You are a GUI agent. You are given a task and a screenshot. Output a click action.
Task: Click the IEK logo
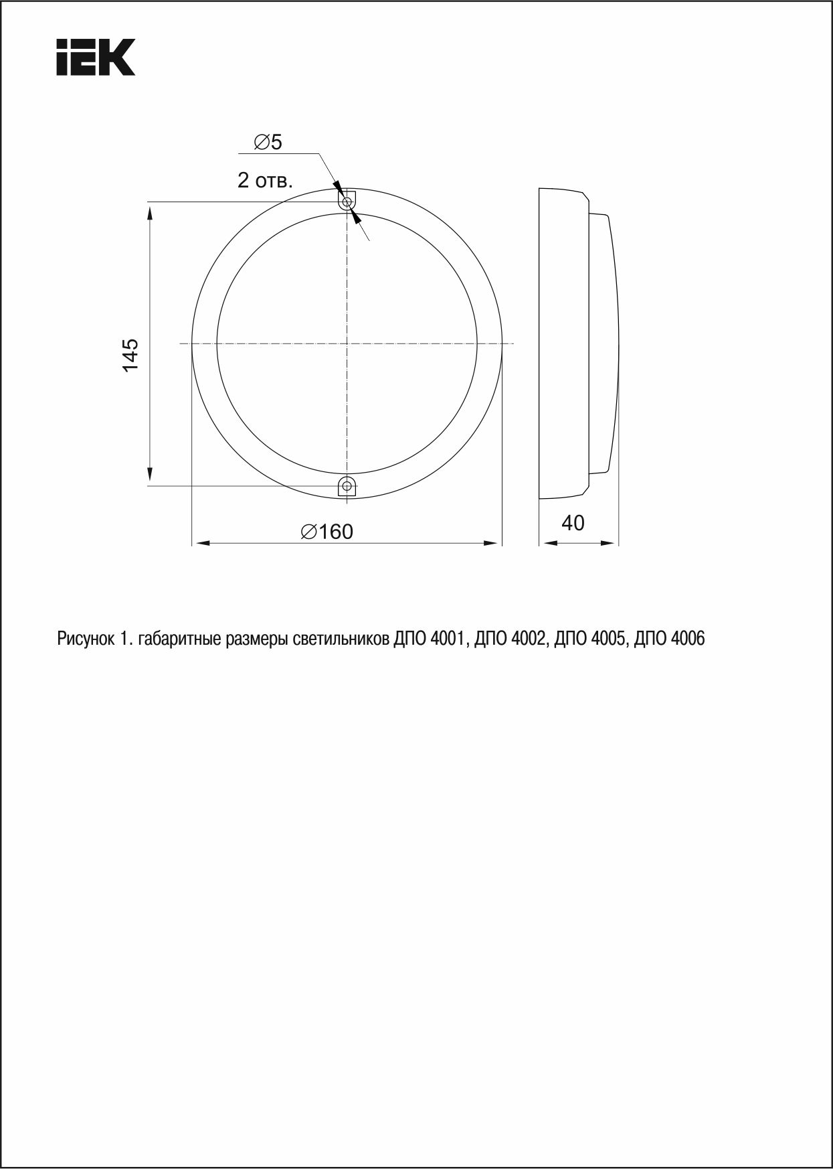pyautogui.click(x=96, y=57)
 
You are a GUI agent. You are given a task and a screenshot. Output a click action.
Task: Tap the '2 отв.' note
pyautogui.click(x=265, y=180)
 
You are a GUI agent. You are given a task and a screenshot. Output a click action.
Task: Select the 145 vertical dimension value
pyautogui.click(x=130, y=355)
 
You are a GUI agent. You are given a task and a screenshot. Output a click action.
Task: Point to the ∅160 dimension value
pyautogui.click(x=327, y=532)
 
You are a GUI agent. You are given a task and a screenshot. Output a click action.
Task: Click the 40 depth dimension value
pyautogui.click(x=573, y=522)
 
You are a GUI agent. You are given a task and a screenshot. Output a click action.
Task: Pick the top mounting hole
pyautogui.click(x=347, y=202)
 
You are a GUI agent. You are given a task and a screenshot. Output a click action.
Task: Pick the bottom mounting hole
pyautogui.click(x=347, y=485)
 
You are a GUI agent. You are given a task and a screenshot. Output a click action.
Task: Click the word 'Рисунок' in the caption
pyautogui.click(x=86, y=639)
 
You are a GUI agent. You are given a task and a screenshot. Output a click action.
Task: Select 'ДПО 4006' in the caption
pyautogui.click(x=669, y=639)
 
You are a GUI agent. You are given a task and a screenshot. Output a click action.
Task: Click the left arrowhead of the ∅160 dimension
pyautogui.click(x=199, y=544)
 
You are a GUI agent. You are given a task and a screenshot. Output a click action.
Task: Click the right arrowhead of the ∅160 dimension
pyautogui.click(x=494, y=544)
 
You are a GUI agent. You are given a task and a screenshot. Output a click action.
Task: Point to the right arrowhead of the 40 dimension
pyautogui.click(x=610, y=543)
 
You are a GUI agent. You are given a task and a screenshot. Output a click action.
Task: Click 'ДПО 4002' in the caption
pyautogui.click(x=511, y=639)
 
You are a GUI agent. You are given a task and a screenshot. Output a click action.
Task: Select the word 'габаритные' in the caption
pyautogui.click(x=175, y=639)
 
